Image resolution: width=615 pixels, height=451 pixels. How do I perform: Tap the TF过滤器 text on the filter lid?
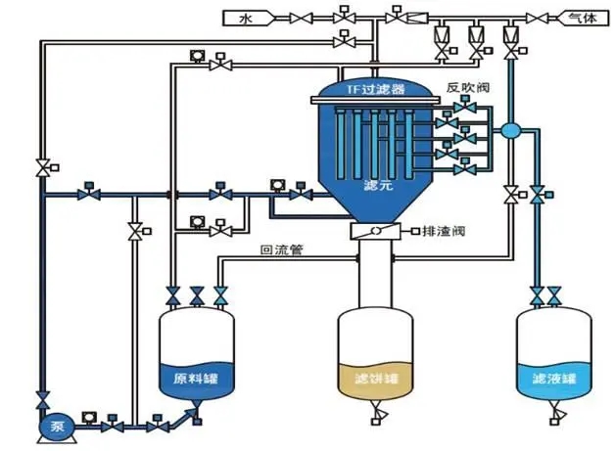[374, 90]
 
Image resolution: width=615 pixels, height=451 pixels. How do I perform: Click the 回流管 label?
[282, 250]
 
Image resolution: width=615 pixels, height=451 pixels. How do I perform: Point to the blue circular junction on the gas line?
[509, 129]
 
